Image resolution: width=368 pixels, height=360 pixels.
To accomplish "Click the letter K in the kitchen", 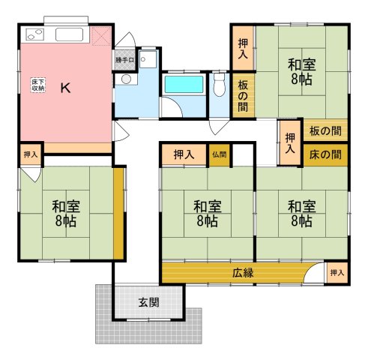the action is click(65, 88).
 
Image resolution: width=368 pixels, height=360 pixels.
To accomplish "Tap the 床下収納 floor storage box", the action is click(38, 85).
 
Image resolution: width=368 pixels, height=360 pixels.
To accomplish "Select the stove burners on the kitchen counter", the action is click(34, 34).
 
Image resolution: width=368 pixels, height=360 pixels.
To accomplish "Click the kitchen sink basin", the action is click(69, 34).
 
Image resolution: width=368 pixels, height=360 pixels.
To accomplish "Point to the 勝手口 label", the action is click(124, 60).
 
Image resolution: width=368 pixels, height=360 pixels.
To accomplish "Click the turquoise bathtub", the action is click(184, 84).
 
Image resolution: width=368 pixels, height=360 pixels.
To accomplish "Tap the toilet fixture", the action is click(220, 85).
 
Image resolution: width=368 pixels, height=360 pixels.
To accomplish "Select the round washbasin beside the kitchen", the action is click(126, 79).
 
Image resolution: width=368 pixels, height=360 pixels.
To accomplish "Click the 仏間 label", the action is click(220, 154).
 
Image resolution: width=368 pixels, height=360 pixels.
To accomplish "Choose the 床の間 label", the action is click(325, 154).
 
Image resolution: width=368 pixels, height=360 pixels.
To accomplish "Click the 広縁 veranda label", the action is click(243, 273).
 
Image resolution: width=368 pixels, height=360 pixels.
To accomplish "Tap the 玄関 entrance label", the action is click(149, 303).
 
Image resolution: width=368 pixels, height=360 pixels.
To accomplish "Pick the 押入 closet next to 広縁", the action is click(337, 273).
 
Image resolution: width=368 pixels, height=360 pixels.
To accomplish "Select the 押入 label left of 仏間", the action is click(184, 154).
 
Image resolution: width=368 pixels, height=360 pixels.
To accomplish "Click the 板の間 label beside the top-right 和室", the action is click(243, 96).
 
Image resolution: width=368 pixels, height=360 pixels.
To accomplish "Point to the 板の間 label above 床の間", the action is click(325, 130).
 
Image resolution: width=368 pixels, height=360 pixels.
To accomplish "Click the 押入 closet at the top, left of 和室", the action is click(243, 48).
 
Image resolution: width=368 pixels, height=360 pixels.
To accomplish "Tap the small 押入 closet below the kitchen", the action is click(31, 154).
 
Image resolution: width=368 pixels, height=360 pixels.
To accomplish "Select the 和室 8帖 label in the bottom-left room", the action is click(66, 213).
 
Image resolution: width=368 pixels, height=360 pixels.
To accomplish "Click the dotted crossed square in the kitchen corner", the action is click(102, 36).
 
